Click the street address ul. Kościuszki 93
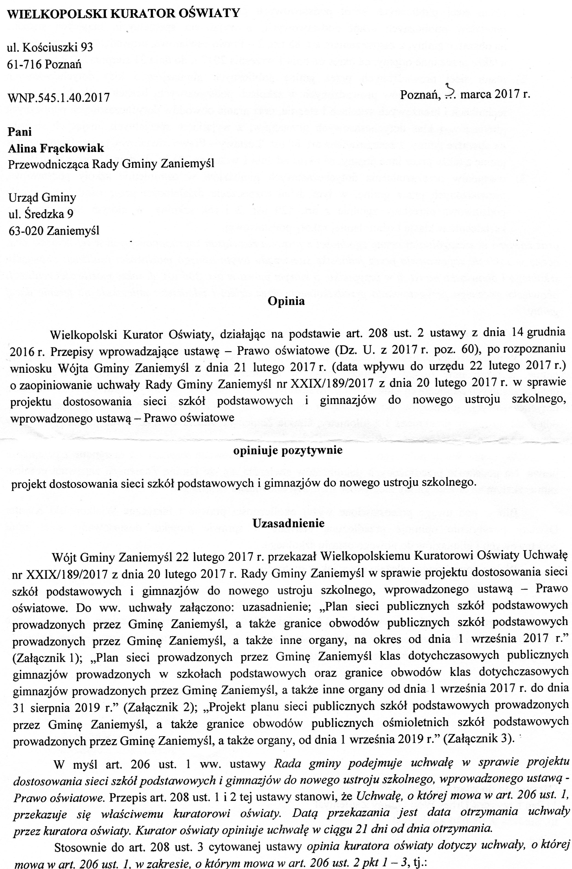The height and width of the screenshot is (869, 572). [50, 47]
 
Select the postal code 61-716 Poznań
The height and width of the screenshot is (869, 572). [44, 64]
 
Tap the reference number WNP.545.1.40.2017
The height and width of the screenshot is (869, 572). [58, 97]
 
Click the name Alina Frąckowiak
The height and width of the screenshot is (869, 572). [56, 148]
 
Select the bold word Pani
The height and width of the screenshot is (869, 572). [20, 131]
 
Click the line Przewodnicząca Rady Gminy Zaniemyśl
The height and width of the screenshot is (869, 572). [111, 164]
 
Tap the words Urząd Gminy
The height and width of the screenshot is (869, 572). [42, 197]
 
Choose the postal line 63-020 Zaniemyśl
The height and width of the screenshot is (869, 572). [53, 231]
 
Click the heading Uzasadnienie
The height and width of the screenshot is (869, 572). [288, 523]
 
